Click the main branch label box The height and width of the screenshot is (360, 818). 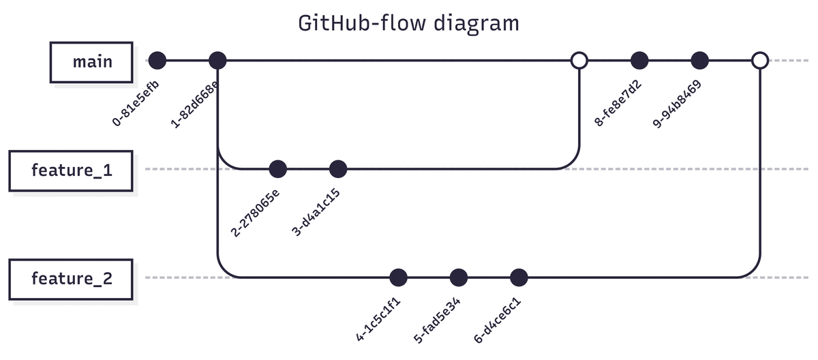click(92, 61)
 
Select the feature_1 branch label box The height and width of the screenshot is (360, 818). click(71, 170)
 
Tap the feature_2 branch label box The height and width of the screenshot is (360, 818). click(71, 278)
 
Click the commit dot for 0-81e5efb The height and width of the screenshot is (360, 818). click(157, 61)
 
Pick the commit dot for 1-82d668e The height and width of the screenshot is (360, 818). click(217, 61)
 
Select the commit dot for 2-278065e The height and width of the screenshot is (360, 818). click(278, 168)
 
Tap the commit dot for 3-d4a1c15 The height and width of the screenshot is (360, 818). click(338, 168)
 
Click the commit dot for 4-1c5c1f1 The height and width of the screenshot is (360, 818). click(398, 277)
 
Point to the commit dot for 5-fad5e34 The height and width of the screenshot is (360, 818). click(459, 277)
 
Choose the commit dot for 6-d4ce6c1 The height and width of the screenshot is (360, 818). click(519, 277)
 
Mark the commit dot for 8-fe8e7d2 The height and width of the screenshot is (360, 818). click(639, 61)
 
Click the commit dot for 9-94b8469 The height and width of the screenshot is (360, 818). click(699, 61)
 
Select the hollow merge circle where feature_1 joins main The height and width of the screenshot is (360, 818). click(579, 61)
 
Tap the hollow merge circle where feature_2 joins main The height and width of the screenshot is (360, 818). click(759, 61)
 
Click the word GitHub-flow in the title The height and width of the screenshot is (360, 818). click(361, 23)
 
